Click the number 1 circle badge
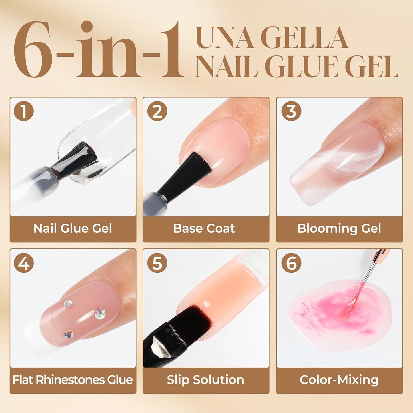24,111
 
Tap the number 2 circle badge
157,111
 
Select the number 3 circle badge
291,111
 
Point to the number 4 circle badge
24,263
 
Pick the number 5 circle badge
157,263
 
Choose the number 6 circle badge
291,263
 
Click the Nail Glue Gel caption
73,228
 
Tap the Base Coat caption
204,228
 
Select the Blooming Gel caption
339,228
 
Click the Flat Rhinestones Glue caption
73,380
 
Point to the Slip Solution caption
205,380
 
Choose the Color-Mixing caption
339,380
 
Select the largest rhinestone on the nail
100,314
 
